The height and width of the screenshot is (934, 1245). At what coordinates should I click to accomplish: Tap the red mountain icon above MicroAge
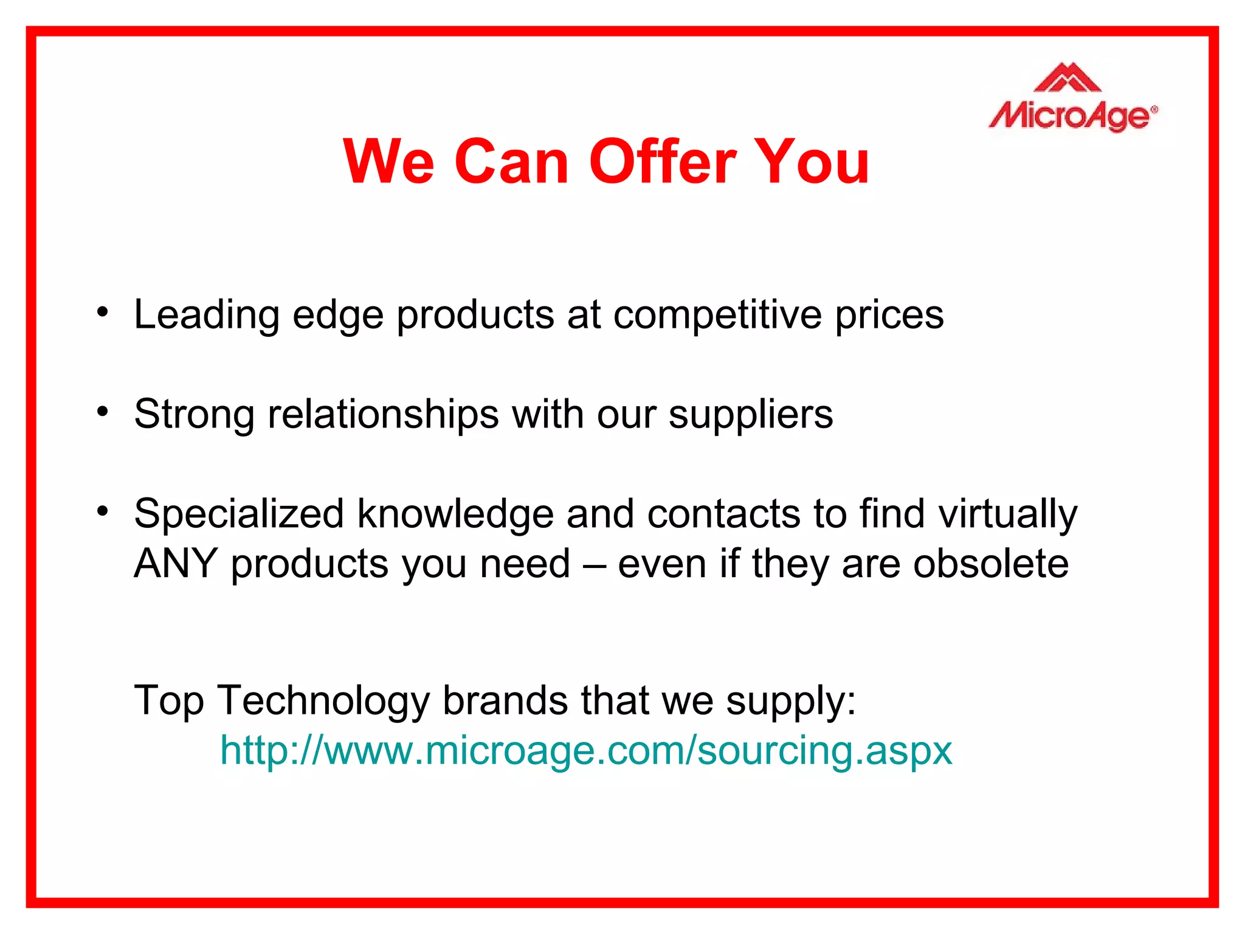click(1067, 78)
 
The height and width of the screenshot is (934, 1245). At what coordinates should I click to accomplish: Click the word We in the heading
click(389, 161)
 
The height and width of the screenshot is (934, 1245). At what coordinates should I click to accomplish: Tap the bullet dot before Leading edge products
click(103, 313)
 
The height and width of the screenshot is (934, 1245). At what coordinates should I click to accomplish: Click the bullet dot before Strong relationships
click(103, 412)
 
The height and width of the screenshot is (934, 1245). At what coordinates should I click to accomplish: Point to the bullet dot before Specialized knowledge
click(103, 511)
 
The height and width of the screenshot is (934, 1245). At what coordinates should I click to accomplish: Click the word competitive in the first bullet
click(717, 316)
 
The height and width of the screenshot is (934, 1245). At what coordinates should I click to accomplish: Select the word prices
click(889, 316)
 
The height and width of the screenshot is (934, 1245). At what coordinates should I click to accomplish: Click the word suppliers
click(751, 415)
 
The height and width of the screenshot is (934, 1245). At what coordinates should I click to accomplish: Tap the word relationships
click(383, 415)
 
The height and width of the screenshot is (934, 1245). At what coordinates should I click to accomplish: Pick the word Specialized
click(239, 515)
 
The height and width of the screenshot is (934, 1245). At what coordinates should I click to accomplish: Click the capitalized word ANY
click(176, 564)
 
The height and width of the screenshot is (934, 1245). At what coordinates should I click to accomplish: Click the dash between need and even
click(594, 565)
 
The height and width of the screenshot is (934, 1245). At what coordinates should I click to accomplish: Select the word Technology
click(323, 702)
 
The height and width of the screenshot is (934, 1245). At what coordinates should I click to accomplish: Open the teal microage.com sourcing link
click(585, 750)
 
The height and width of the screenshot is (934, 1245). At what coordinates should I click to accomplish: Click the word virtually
click(1007, 515)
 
